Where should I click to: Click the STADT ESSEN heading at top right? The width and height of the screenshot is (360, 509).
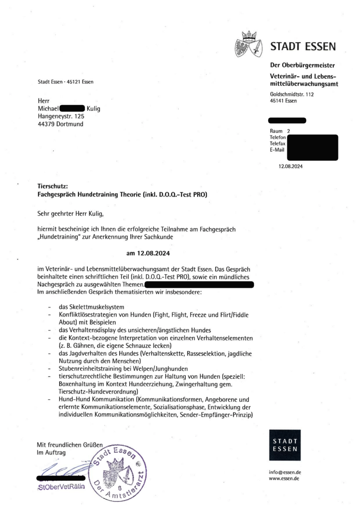coord(303,46)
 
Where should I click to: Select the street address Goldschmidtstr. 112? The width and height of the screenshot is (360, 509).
coord(292,95)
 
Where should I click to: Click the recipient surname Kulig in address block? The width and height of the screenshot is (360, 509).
coord(94,109)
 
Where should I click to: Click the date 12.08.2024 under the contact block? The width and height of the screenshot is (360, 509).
coord(290,165)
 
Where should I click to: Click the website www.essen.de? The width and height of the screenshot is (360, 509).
coord(284,479)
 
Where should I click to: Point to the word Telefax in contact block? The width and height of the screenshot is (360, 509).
coord(277,143)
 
